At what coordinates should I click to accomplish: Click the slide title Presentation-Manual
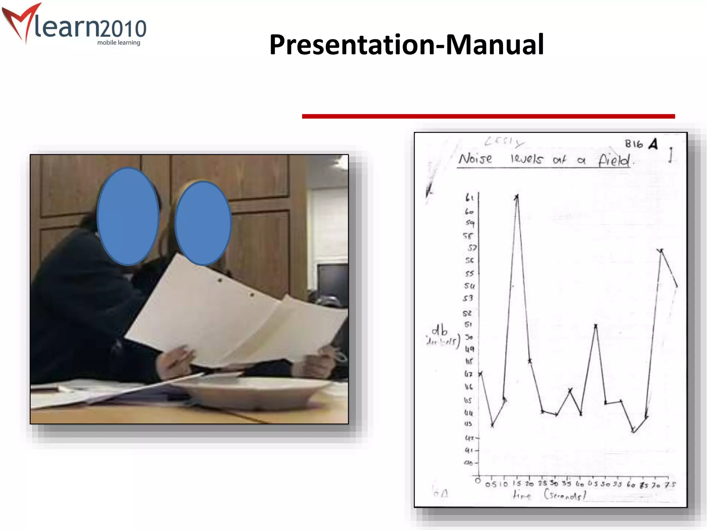point(406,45)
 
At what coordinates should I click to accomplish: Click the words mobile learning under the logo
point(118,43)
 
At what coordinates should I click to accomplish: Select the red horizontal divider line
point(488,116)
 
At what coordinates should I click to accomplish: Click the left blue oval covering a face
point(128,216)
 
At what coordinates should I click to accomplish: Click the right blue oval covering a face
point(203,223)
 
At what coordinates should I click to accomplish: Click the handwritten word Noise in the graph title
point(475,159)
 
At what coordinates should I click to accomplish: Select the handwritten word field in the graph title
point(614,160)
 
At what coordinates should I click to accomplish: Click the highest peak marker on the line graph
point(516,197)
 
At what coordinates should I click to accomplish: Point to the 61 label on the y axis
point(469,198)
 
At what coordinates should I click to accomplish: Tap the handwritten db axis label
point(439,330)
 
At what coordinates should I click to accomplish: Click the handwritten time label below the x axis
point(522,495)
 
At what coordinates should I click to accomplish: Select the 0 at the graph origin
point(478,481)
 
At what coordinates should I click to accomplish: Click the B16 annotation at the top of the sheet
point(634,144)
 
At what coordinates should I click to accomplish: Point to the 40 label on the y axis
point(468,463)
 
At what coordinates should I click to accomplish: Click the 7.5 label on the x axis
point(670,485)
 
